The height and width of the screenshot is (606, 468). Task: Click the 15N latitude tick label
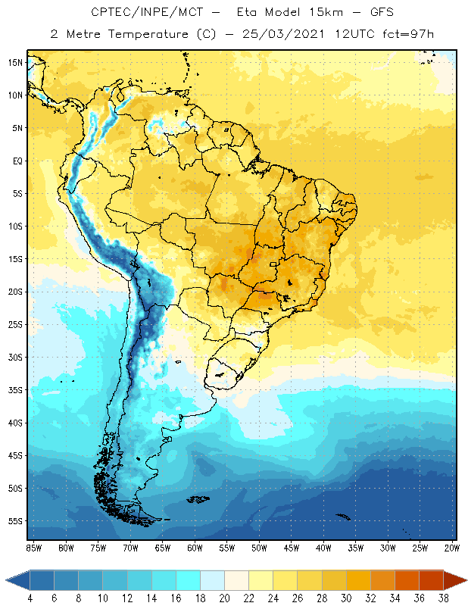14,62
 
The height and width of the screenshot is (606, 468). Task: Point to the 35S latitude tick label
14,389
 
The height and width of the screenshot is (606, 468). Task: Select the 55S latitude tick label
14,521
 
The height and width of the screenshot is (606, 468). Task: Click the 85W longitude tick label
33,548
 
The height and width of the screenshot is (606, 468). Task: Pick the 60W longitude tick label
195,548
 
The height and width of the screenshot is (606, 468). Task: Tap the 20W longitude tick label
452,548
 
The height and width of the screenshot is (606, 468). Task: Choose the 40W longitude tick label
323,548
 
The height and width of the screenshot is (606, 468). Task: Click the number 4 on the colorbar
30,598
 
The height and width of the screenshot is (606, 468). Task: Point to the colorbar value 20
224,598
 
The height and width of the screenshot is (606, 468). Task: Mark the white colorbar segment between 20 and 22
236,579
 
